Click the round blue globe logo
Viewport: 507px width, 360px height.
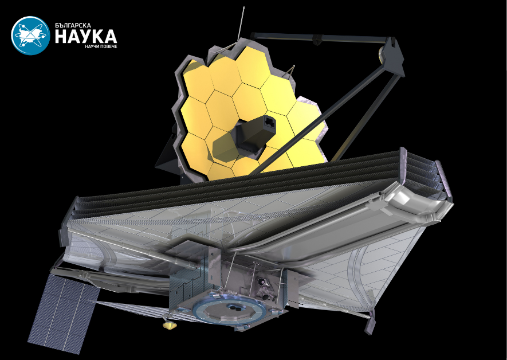pos(30,36)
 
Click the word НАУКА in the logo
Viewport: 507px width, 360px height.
pos(86,36)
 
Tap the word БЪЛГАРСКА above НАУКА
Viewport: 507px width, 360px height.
pos(73,25)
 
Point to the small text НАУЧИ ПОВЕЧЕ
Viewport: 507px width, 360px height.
pos(101,46)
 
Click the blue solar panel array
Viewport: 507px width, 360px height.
pos(64,314)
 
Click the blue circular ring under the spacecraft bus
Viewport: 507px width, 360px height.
pos(229,311)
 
